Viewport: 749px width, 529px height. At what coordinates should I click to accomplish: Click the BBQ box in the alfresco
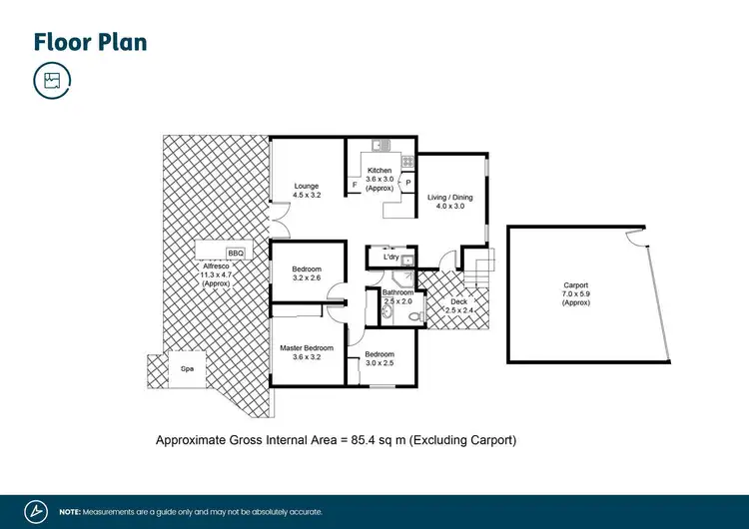pyautogui.click(x=236, y=254)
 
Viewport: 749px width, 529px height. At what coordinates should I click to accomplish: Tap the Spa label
pyautogui.click(x=187, y=368)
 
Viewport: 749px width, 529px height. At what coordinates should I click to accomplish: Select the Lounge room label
pyautogui.click(x=306, y=186)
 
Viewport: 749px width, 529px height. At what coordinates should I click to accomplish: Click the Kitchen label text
pyautogui.click(x=379, y=171)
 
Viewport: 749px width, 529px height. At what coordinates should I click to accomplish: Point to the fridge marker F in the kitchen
pyautogui.click(x=355, y=185)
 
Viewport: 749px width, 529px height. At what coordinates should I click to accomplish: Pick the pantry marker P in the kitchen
pyautogui.click(x=407, y=183)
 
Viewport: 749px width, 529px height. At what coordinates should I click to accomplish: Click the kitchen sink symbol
pyautogui.click(x=380, y=147)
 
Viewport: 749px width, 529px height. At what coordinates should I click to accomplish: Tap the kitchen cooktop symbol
pyautogui.click(x=407, y=160)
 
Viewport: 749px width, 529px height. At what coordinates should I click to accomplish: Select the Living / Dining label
pyautogui.click(x=450, y=198)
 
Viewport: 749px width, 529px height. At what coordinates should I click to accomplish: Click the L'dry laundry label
pyautogui.click(x=390, y=258)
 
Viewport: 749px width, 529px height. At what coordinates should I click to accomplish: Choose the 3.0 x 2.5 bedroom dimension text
pyautogui.click(x=379, y=364)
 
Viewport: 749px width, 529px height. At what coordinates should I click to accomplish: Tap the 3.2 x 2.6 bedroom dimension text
pyautogui.click(x=307, y=279)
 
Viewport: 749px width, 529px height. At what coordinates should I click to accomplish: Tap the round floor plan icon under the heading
pyautogui.click(x=51, y=81)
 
